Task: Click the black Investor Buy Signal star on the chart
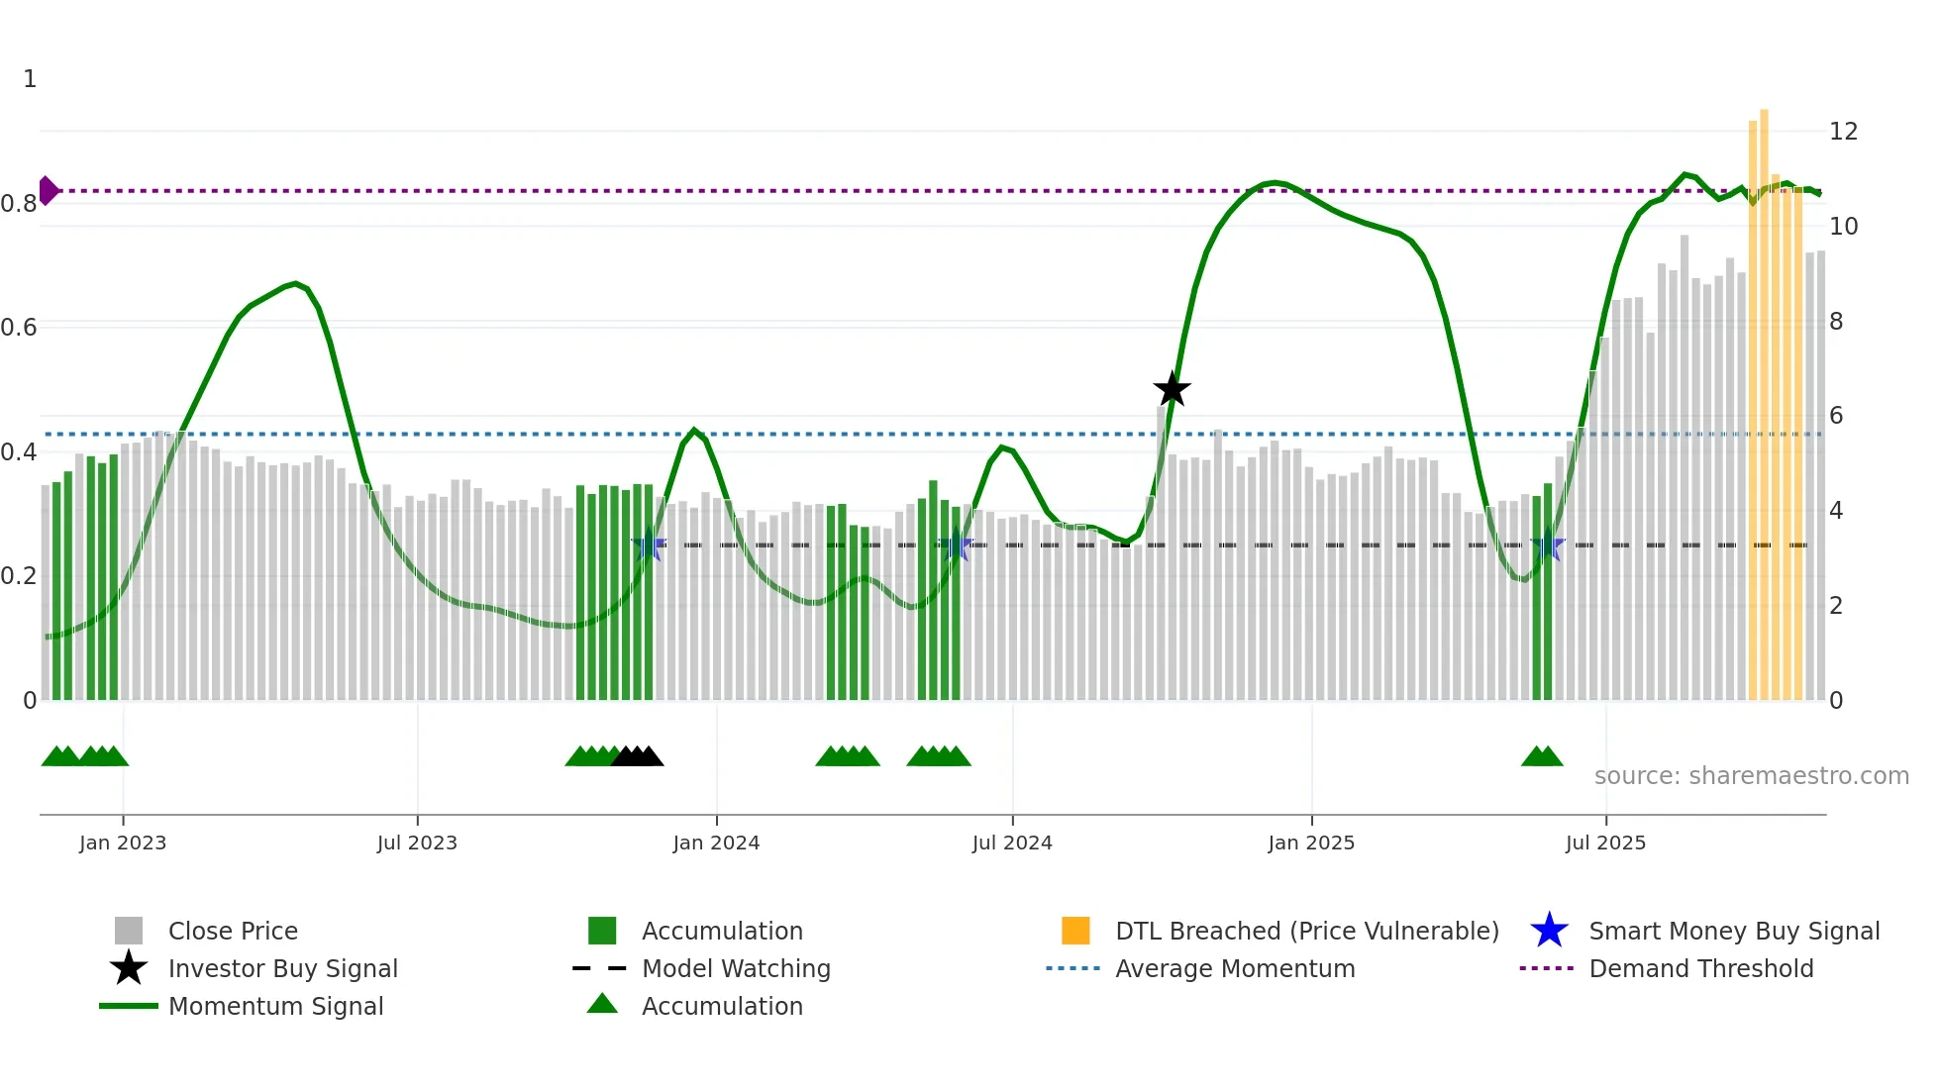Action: [1172, 389]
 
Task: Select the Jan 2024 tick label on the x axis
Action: [716, 843]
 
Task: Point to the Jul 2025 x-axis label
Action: [1605, 843]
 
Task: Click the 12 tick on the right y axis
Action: [1843, 131]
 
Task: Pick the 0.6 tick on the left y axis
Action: [19, 327]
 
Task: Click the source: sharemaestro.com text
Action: [1751, 775]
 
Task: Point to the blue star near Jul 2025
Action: [1547, 545]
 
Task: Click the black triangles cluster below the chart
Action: [638, 757]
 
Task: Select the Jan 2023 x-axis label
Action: [123, 843]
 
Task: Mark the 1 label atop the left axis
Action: [30, 79]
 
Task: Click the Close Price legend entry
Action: [233, 931]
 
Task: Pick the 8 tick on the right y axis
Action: [1836, 321]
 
